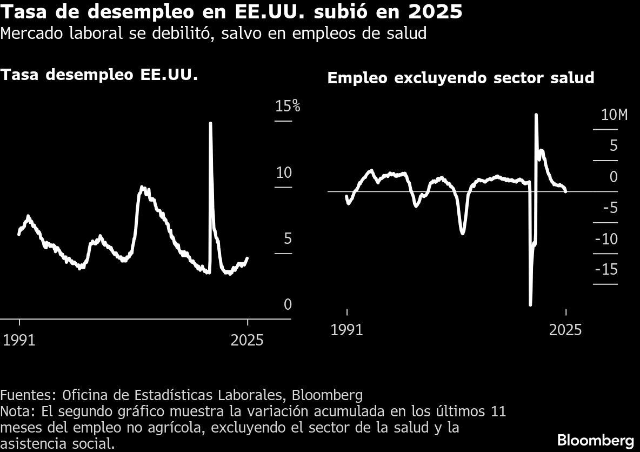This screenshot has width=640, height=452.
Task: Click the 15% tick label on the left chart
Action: coord(287,106)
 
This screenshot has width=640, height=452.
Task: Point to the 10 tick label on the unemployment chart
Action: coord(284,173)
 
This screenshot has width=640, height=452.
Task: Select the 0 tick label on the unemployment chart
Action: coord(288,305)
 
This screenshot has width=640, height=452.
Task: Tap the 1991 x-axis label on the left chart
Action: coord(19,340)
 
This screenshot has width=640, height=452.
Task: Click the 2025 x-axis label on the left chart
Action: coord(247,340)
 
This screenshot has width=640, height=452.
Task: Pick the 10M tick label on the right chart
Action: coord(614,115)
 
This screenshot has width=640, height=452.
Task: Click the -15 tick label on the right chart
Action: coord(606,270)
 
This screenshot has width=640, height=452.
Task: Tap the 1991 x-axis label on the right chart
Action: coord(346,330)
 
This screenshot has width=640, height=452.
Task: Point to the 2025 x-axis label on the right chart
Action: coord(565,330)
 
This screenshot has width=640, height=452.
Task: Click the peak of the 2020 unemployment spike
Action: coord(210,124)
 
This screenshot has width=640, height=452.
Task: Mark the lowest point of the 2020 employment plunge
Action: coord(530,304)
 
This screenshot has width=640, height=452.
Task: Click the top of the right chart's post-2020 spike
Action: coord(536,115)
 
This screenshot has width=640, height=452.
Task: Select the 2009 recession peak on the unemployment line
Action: coord(142,188)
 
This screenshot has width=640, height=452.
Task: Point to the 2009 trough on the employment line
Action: coord(463,233)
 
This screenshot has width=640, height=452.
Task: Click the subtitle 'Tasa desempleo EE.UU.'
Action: coord(99,75)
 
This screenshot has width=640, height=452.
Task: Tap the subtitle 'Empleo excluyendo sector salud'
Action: coord(461,78)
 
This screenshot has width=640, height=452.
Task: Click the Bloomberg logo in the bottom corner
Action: coord(595,438)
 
